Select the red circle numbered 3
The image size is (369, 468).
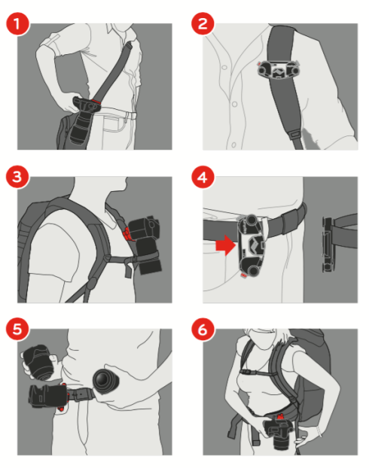point(19,178)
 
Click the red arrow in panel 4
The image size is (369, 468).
point(223,245)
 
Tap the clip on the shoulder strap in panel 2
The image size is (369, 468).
point(277,70)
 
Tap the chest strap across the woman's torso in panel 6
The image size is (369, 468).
point(264,376)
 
